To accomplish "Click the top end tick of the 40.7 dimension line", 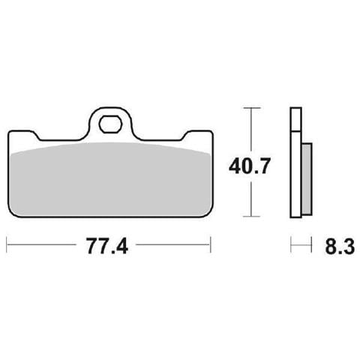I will [x=250, y=109].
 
